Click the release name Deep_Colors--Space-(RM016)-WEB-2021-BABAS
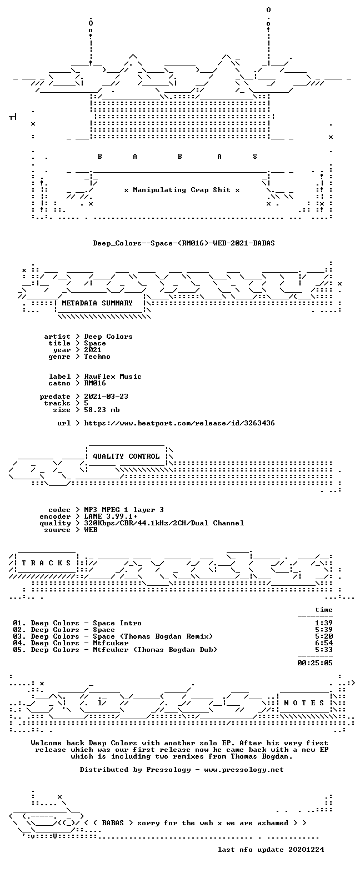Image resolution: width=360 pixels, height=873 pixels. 184,243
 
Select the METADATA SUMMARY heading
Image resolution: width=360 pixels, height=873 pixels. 97,303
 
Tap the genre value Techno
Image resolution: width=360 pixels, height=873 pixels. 97,357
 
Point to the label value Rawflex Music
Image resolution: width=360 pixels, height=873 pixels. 113,377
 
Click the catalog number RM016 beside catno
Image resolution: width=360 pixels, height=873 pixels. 95,383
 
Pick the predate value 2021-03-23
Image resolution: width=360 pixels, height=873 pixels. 106,397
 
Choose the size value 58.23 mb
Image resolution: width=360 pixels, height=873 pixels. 102,410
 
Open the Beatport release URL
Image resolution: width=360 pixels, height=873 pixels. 179,423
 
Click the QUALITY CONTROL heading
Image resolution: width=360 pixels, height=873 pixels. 126,456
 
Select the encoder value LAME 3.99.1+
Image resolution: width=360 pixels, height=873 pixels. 111,516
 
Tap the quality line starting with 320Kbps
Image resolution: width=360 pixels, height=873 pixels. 164,523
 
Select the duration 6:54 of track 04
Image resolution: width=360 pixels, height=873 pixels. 324,643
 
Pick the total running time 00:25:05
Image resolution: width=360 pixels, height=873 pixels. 315,663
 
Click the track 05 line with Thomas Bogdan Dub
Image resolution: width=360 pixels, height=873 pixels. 115,650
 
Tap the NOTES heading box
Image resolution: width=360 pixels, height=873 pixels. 304,703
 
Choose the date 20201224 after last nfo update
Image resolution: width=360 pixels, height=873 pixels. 306,850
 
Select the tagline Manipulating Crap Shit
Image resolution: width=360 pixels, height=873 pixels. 181,190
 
